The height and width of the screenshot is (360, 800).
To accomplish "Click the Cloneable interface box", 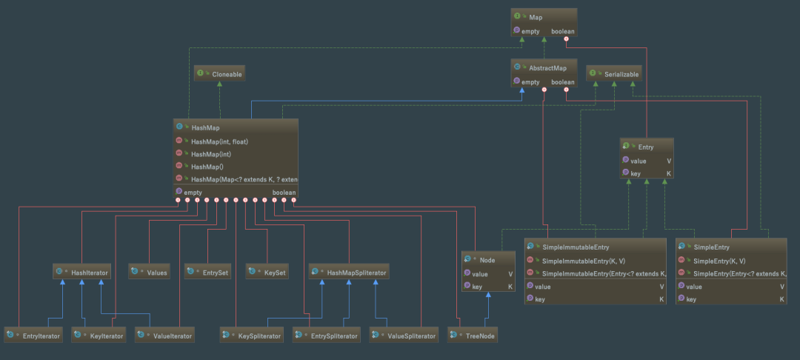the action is [219, 74].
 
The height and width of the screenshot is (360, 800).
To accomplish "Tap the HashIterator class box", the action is [81, 273].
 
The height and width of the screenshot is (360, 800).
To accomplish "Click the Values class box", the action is [149, 273].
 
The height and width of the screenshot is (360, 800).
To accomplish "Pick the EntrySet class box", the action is [207, 273].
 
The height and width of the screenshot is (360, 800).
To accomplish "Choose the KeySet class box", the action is [267, 273].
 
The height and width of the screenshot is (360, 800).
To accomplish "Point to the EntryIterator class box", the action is [33, 336].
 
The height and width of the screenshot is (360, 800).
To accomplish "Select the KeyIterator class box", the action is [99, 336].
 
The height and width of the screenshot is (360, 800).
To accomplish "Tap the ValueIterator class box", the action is [165, 336].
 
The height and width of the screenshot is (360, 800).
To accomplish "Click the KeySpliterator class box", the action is [252, 336].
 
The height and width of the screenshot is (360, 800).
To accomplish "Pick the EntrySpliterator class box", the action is [326, 336].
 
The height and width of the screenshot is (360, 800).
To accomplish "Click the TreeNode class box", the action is [473, 336].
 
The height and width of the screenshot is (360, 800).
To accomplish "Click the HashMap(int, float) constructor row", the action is [236, 141].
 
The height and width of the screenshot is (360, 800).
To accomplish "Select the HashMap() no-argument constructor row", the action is [236, 166].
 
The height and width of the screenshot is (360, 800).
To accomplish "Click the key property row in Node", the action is [488, 287].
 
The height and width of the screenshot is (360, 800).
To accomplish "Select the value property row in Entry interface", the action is [647, 161].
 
